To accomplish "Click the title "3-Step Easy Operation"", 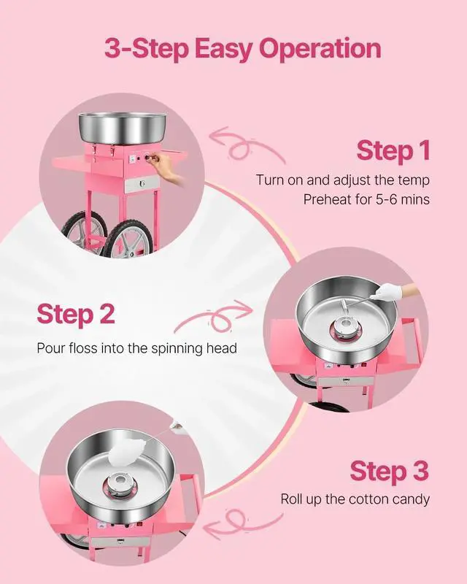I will [242, 49].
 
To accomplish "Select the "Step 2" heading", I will [76, 314].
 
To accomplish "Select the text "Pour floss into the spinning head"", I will [137, 348].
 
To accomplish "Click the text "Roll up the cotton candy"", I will [355, 499].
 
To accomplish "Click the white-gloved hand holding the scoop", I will [385, 293].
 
